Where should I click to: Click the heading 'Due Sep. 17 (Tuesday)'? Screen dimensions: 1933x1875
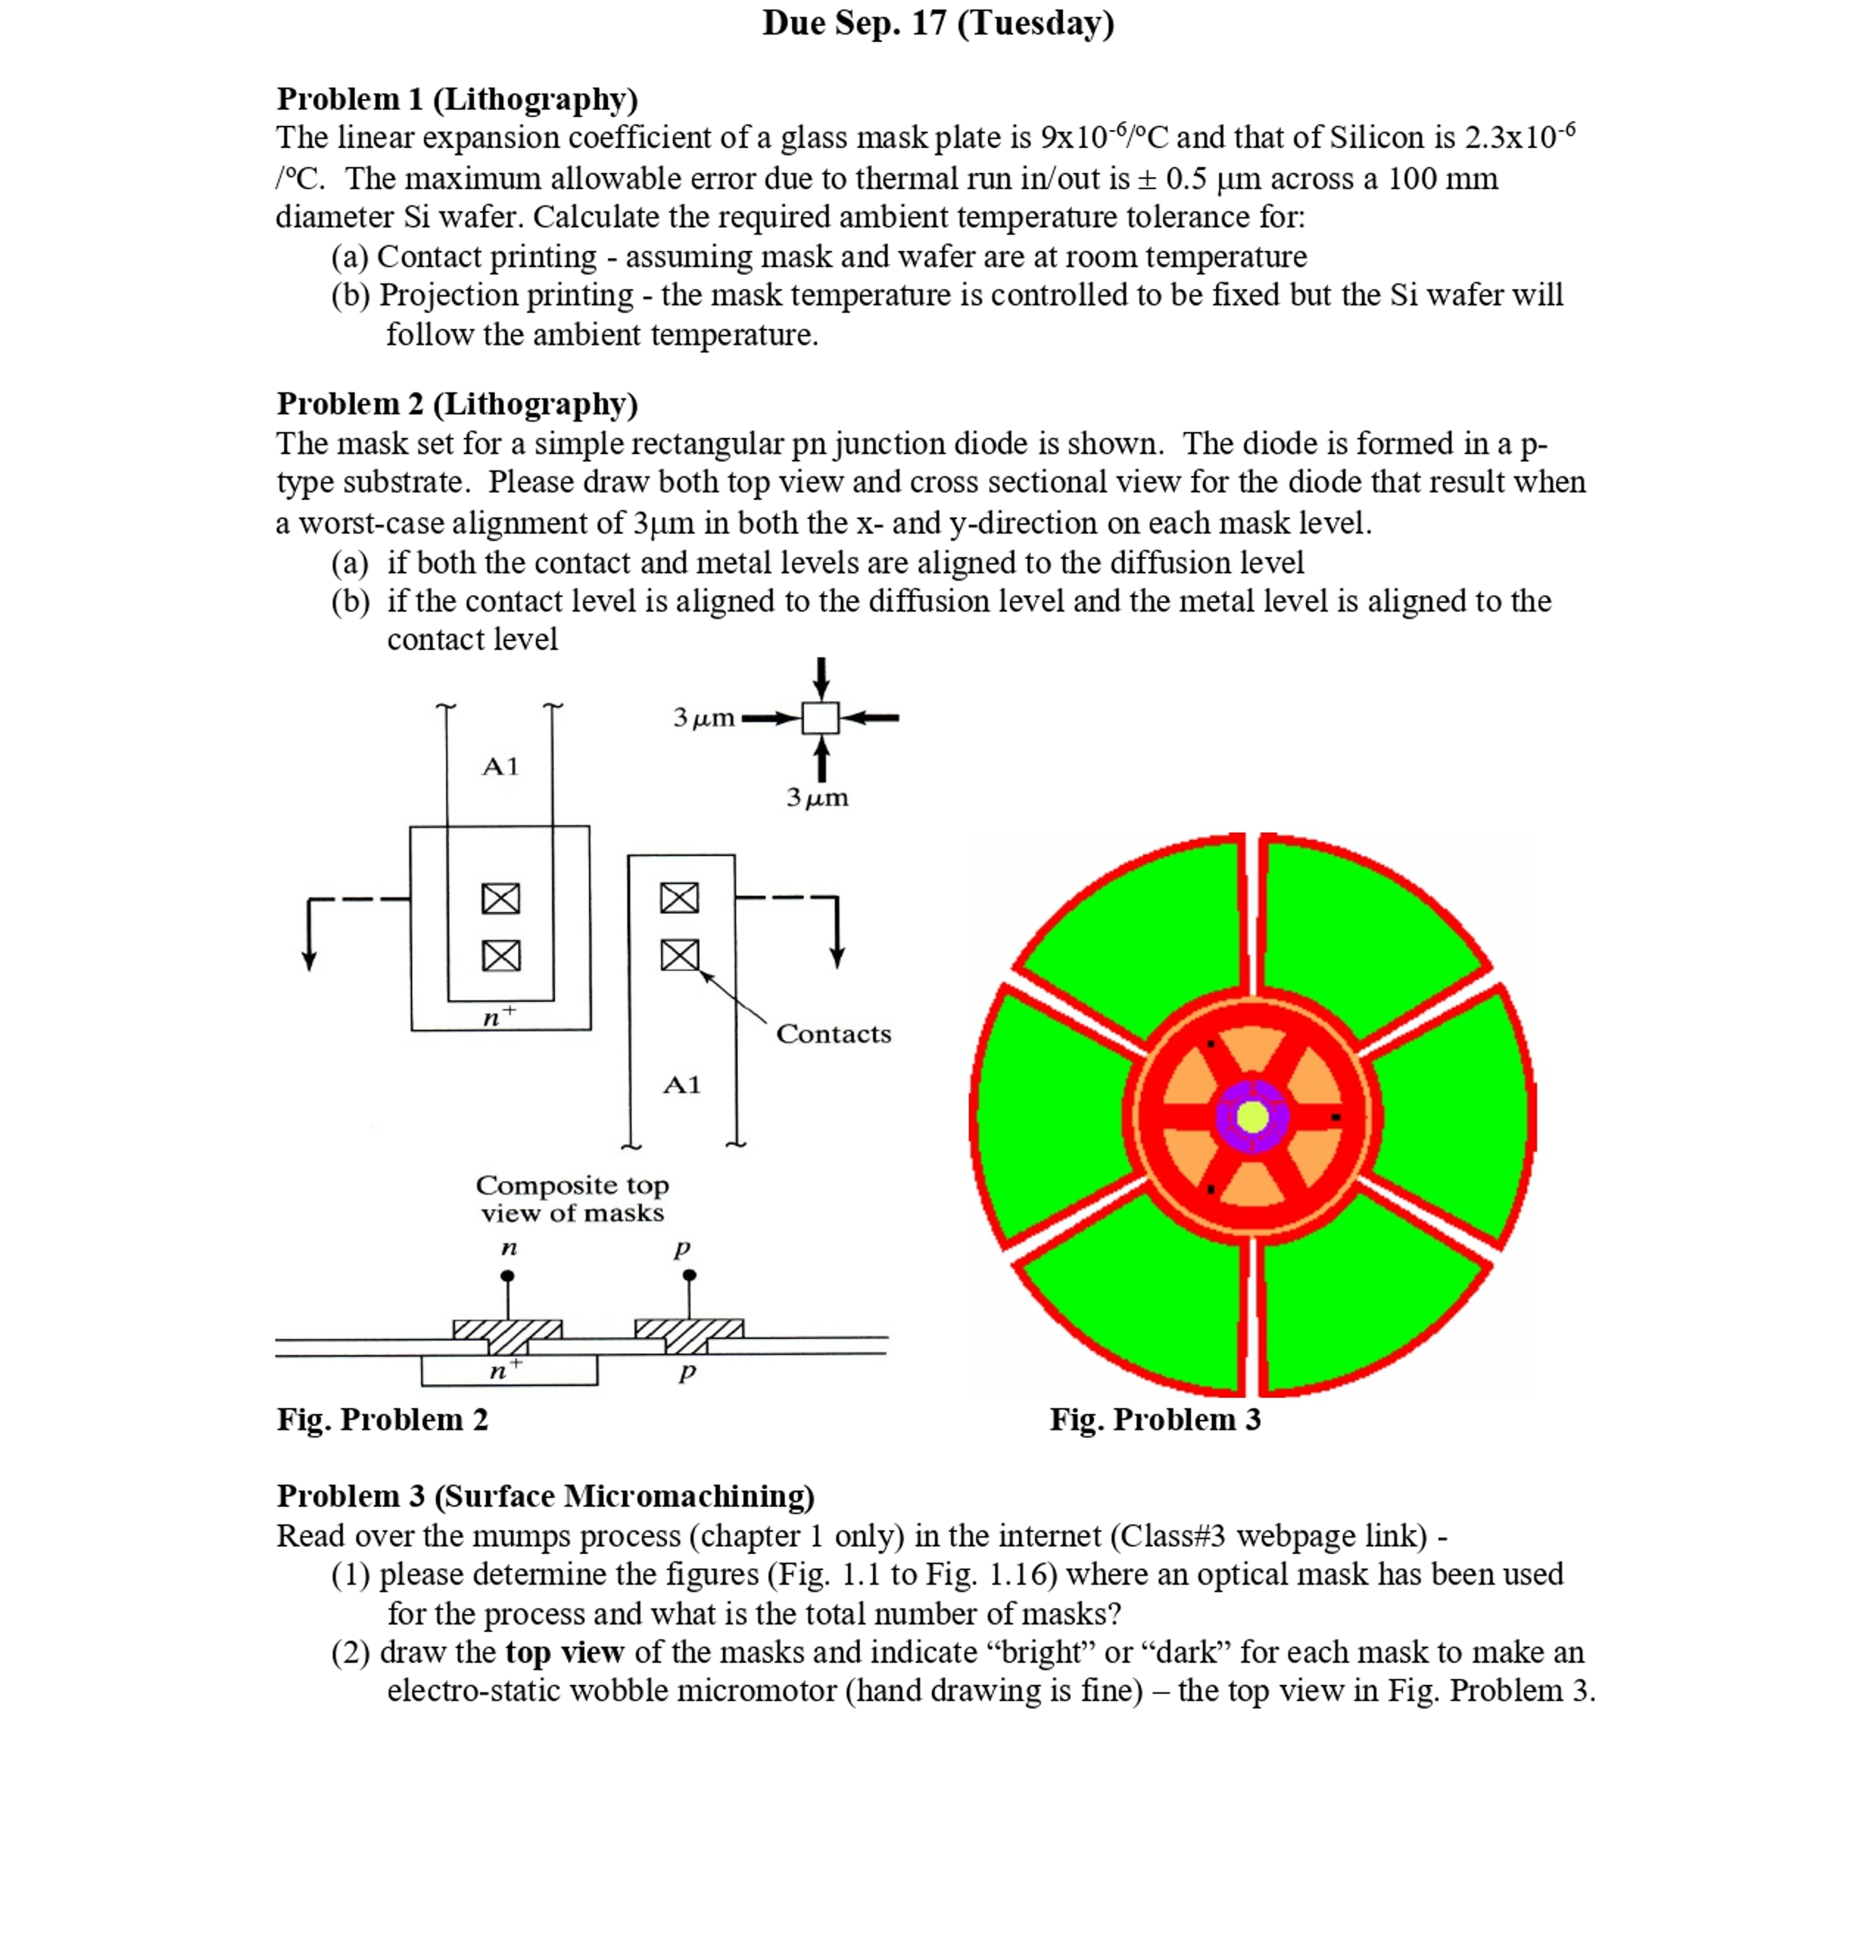(x=937, y=23)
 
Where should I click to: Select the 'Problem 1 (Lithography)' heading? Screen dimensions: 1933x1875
(x=456, y=99)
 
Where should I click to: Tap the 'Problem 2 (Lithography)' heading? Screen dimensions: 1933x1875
(x=456, y=403)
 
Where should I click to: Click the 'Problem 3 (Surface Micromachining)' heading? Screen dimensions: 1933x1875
(x=545, y=1495)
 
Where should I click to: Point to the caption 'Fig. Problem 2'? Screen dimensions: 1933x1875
(x=382, y=1419)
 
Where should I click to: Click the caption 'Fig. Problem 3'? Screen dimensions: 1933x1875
(x=1154, y=1419)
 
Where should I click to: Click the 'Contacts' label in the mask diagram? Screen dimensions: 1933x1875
(x=833, y=1033)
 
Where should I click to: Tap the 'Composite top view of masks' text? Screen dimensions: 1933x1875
(x=572, y=1198)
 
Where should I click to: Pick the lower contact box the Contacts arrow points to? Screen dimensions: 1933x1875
(x=679, y=955)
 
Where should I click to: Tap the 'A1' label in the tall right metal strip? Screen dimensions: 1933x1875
(x=682, y=1085)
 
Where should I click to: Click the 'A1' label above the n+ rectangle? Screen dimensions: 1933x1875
(x=500, y=766)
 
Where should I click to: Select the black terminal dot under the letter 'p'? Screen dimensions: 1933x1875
(x=690, y=1275)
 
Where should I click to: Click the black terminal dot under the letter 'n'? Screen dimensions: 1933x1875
(x=507, y=1275)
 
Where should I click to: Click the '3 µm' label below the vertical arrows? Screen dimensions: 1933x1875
(x=816, y=797)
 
